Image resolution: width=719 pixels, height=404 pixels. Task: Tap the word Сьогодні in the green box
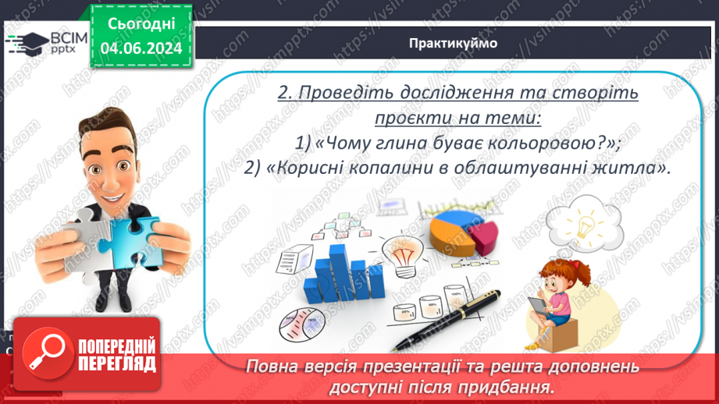click(141, 25)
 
